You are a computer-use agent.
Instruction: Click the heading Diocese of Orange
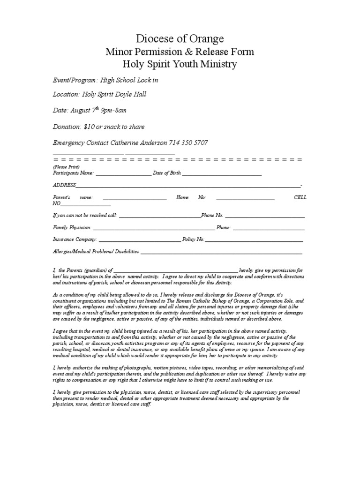pyautogui.click(x=180, y=38)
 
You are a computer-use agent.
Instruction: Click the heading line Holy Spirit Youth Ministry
pyautogui.click(x=180, y=64)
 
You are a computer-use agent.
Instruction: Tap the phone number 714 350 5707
pyautogui.click(x=189, y=142)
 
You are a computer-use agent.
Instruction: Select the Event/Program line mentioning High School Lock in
pyautogui.click(x=105, y=80)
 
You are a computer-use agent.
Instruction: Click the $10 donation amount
pyautogui.click(x=89, y=127)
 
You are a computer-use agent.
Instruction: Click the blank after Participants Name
pyautogui.click(x=123, y=173)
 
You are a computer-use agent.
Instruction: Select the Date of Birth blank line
pyautogui.click(x=222, y=173)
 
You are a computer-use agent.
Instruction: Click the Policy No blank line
pyautogui.click(x=254, y=240)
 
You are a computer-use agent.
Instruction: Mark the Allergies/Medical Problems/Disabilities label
pyautogui.click(x=96, y=252)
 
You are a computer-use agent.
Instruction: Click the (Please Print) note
pyautogui.click(x=66, y=167)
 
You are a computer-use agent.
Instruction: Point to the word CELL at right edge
pyautogui.click(x=300, y=197)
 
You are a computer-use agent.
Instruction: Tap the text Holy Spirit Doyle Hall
pyautogui.click(x=114, y=95)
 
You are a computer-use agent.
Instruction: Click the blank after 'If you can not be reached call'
pyautogui.click(x=160, y=216)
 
